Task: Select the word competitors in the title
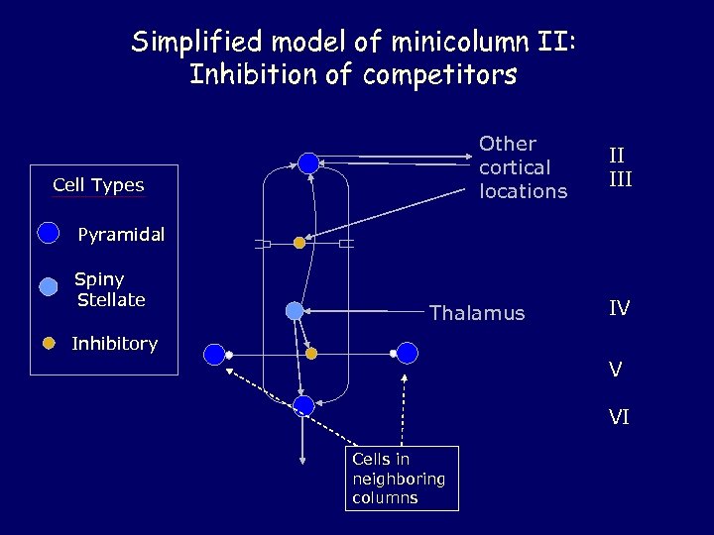click(x=433, y=75)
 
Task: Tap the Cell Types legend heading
click(x=98, y=185)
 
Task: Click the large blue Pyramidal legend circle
click(x=48, y=233)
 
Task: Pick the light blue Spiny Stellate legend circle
click(x=49, y=287)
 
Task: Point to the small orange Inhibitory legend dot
click(x=48, y=344)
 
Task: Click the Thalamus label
click(x=477, y=313)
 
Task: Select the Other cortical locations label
click(x=523, y=167)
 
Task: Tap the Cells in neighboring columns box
click(x=402, y=478)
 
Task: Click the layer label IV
click(x=619, y=309)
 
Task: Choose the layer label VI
click(x=619, y=417)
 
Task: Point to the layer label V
click(x=616, y=370)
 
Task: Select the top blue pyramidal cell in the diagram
click(x=308, y=162)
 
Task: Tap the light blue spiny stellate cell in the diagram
click(x=295, y=311)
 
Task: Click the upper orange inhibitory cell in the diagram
click(x=299, y=242)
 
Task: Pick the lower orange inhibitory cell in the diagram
click(x=310, y=353)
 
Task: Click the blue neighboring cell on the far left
click(x=213, y=354)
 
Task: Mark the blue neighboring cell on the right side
click(x=408, y=353)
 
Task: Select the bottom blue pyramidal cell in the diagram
click(x=303, y=404)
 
